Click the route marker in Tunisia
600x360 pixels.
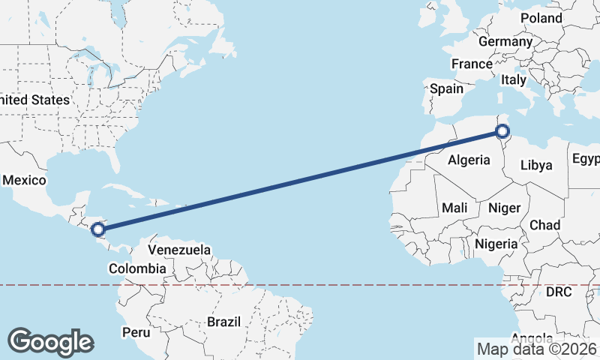coord(502,133)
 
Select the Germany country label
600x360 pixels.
coord(504,41)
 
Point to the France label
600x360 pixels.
coord(472,64)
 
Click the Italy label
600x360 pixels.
coord(514,79)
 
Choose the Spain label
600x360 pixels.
coord(446,88)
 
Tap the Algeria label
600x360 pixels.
coord(469,160)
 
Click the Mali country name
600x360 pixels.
coord(455,208)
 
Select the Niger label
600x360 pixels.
coord(504,208)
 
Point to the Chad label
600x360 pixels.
coord(544,225)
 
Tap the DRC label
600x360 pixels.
coord(559,291)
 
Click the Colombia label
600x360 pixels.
coord(137,268)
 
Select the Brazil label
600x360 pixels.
coord(223,322)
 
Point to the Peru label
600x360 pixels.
coord(136,331)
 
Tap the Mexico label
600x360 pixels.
coord(25,181)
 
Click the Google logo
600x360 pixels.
coord(50,341)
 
